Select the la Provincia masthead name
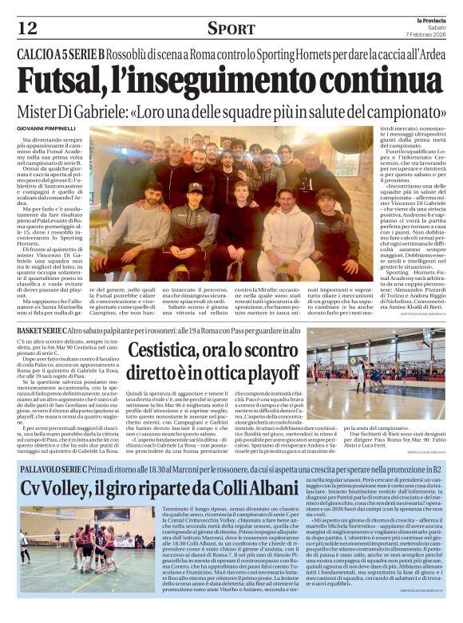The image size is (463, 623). (x=429, y=19)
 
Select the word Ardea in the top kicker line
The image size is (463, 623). (x=422, y=55)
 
